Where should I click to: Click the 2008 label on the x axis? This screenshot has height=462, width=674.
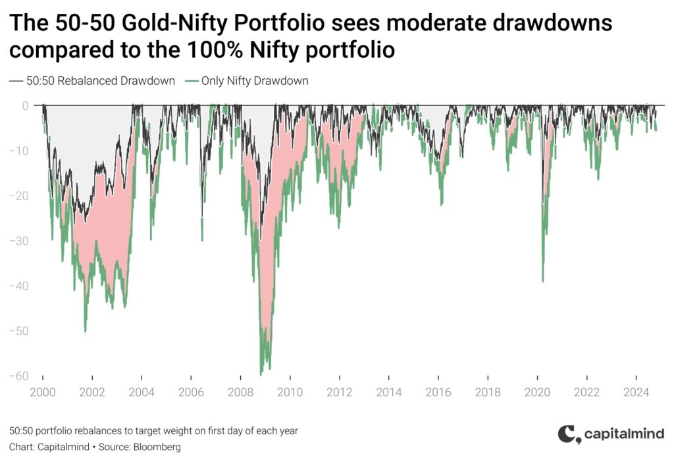click(240, 392)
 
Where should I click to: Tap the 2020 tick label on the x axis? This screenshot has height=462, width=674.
click(537, 392)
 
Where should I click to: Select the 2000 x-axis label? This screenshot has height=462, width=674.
click(43, 392)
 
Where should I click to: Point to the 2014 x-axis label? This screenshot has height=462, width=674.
click(388, 392)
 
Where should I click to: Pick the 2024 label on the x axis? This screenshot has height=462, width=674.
click(636, 392)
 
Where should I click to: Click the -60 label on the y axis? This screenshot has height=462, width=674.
click(19, 376)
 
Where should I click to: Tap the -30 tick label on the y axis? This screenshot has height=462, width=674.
click(19, 241)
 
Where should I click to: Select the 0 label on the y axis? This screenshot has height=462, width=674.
click(26, 106)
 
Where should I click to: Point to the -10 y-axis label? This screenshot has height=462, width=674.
click(19, 151)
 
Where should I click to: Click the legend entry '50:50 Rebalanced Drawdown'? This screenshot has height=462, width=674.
click(92, 81)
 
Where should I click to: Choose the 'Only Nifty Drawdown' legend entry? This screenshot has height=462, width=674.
click(247, 81)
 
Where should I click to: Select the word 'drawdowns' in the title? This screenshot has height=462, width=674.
click(552, 22)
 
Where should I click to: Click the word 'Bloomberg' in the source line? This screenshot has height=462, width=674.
click(157, 447)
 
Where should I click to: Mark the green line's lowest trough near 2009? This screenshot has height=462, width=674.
click(261, 374)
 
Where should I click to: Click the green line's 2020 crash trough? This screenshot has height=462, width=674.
click(543, 282)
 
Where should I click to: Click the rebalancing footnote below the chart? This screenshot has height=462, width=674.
click(153, 430)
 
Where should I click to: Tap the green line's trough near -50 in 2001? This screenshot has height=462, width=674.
click(85, 331)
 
